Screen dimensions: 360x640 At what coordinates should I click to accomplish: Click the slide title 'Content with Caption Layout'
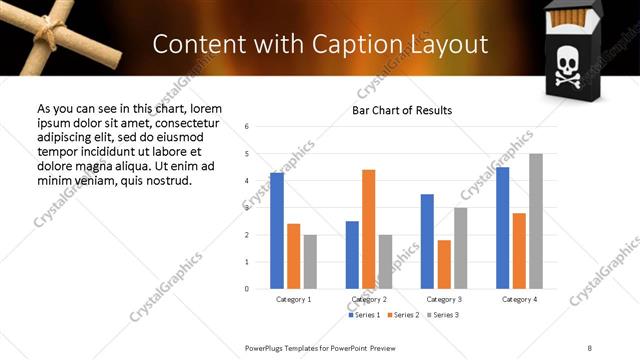(x=320, y=45)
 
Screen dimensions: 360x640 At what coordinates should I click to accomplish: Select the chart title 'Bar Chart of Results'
(x=402, y=110)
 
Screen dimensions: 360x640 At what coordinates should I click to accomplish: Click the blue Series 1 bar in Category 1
(x=277, y=231)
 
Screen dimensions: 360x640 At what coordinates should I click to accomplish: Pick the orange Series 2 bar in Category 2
(x=369, y=229)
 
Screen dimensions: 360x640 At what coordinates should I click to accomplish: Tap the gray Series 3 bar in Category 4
(x=536, y=221)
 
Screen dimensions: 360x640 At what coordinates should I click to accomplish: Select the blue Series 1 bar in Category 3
(x=427, y=241)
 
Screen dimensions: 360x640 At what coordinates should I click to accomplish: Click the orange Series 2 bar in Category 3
(x=444, y=264)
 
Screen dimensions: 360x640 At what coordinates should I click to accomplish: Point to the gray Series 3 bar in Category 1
(x=310, y=262)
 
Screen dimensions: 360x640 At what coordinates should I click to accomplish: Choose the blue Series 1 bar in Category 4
(x=502, y=228)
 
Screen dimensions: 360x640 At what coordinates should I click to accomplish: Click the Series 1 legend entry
(x=365, y=315)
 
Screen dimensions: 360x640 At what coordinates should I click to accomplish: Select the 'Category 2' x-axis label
(x=369, y=299)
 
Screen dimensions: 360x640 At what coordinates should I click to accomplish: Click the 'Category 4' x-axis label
(x=519, y=299)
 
